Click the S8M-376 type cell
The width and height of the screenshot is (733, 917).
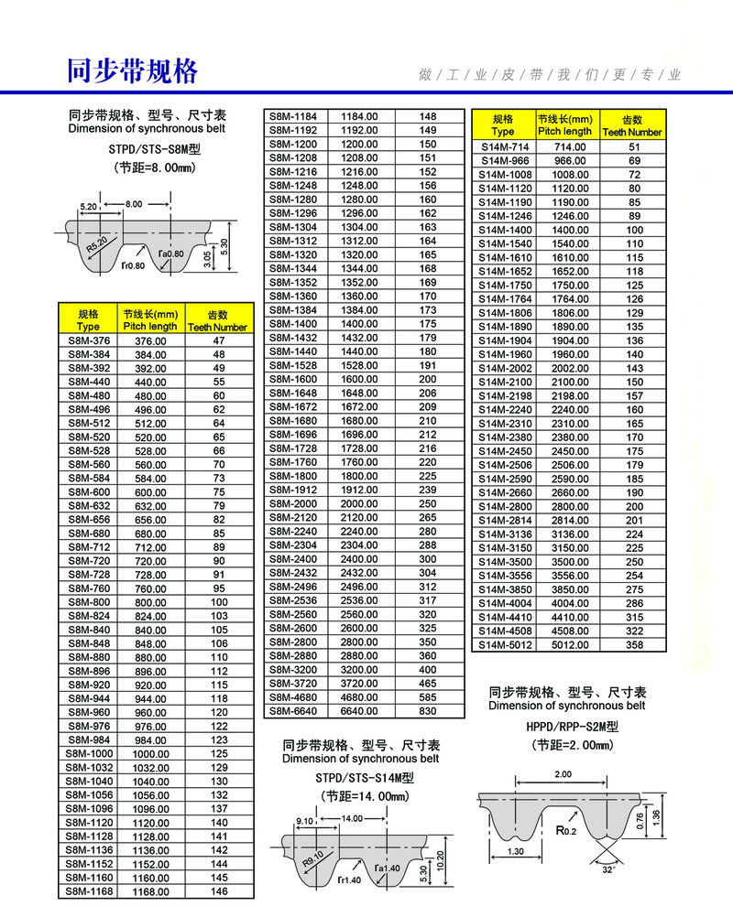[x=89, y=340]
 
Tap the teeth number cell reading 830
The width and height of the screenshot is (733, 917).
[x=428, y=711]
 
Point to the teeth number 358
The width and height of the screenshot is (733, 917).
[x=634, y=645]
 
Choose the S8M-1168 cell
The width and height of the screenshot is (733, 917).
[x=89, y=890]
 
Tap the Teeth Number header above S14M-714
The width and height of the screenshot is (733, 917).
[x=632, y=125]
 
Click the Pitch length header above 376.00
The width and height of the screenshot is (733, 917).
[x=150, y=319]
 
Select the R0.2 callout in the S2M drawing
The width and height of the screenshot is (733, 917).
[x=566, y=832]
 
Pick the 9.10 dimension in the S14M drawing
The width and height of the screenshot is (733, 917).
[x=305, y=821]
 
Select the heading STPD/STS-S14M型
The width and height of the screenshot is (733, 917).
[x=361, y=778]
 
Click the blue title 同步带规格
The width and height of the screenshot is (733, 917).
[x=133, y=70]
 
